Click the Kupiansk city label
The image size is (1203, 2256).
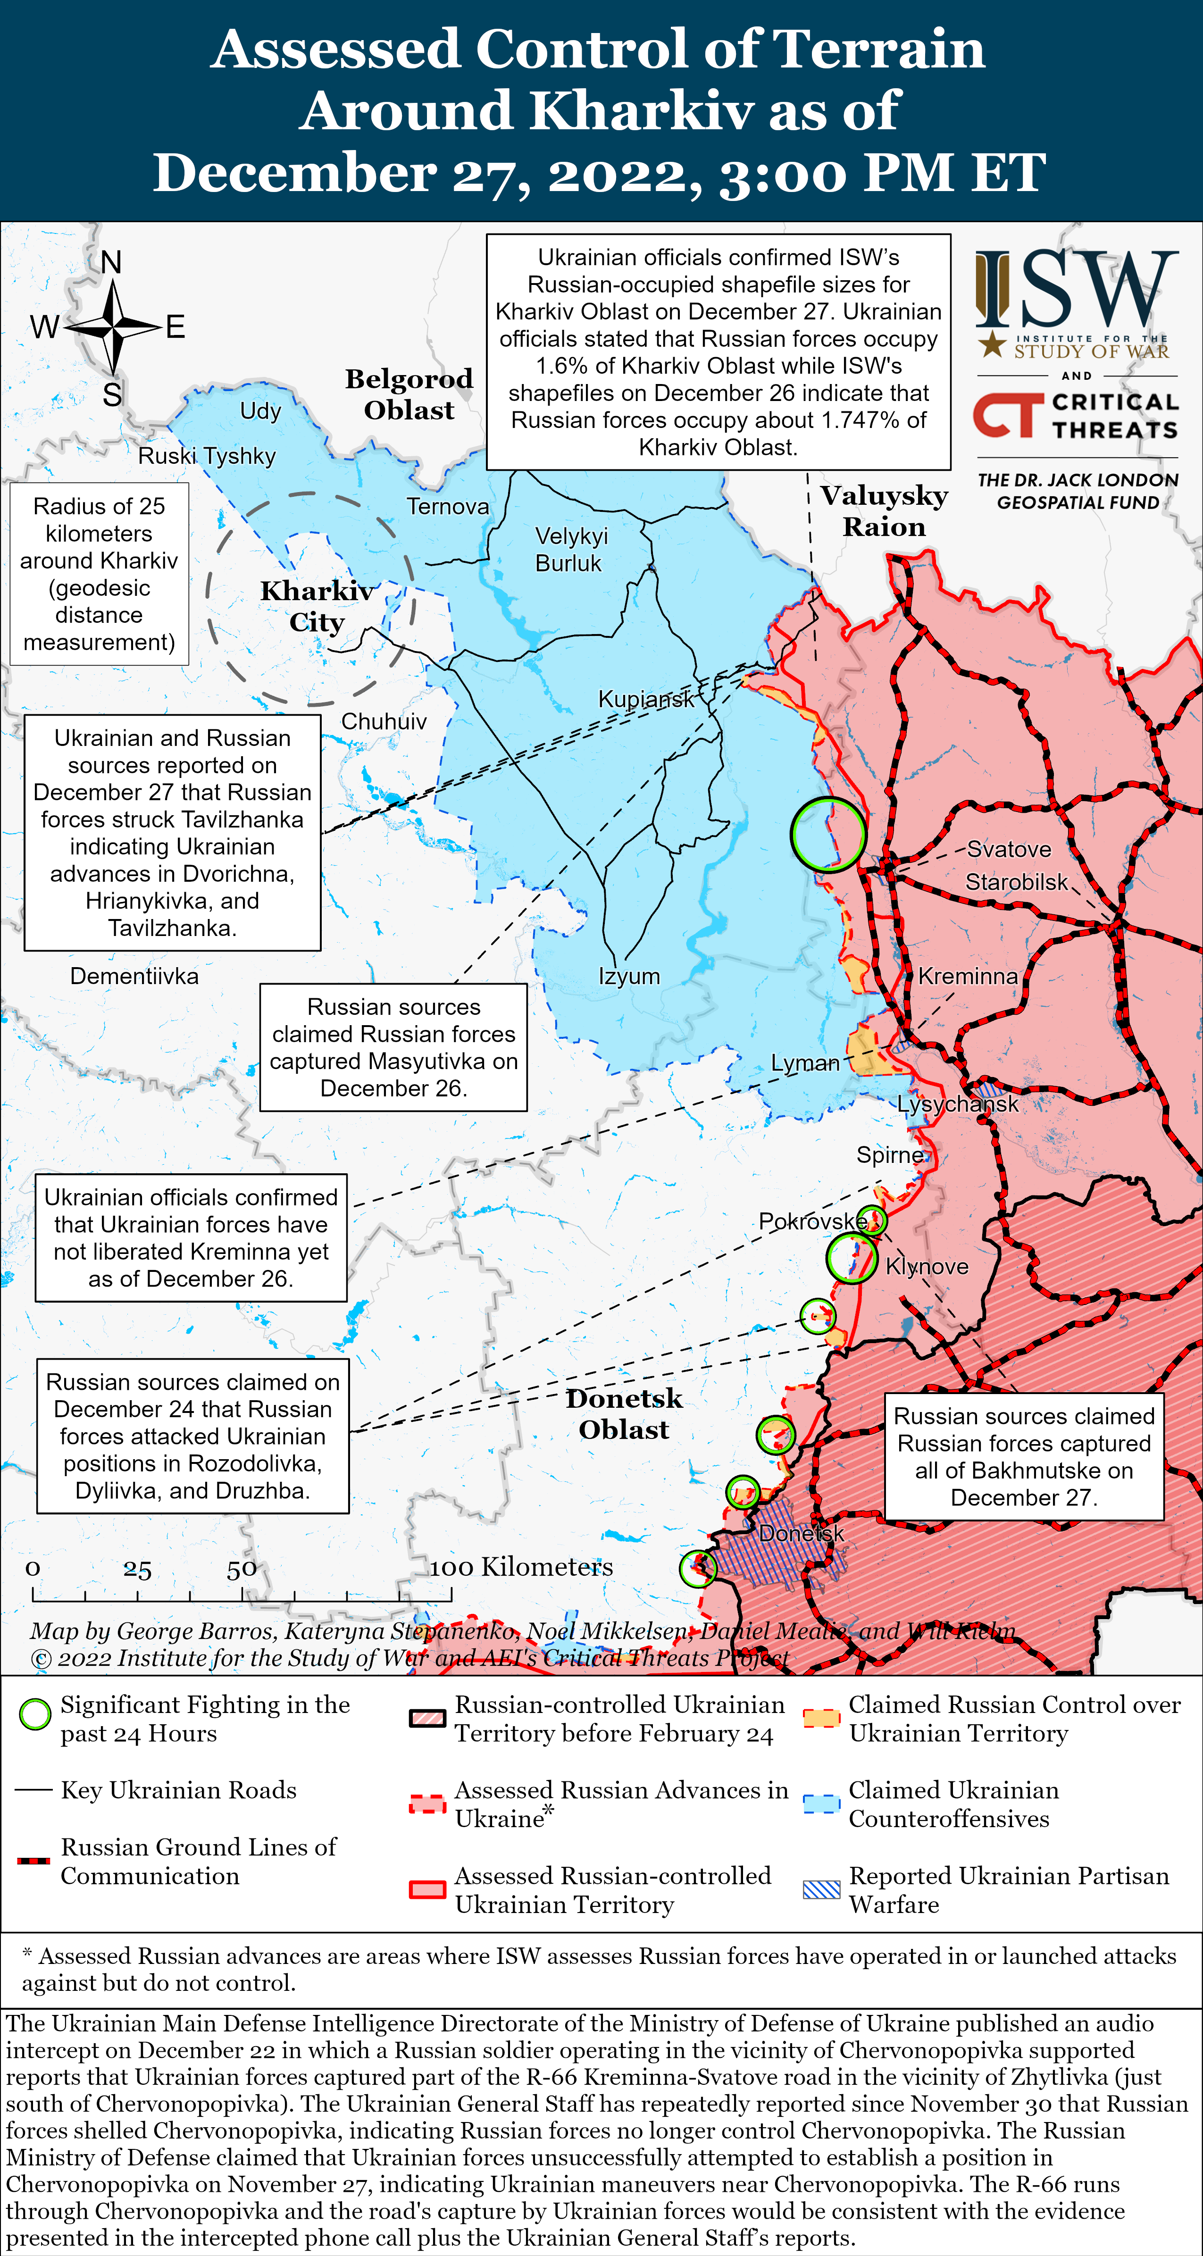[645, 699]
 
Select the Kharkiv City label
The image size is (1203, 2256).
[317, 606]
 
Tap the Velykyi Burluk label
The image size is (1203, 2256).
[570, 549]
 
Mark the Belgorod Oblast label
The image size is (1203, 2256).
[409, 394]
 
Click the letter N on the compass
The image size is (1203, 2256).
[111, 262]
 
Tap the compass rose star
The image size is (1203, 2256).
[114, 326]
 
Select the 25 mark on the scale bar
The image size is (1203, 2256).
[137, 1569]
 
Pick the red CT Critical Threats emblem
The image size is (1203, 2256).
[1009, 415]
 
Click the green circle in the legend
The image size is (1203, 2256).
[35, 1714]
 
